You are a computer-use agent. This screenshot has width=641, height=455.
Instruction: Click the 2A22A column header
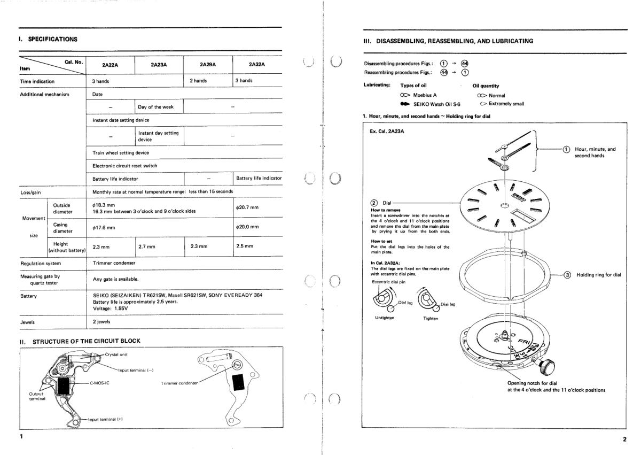click(x=110, y=64)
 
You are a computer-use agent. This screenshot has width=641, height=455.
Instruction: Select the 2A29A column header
click(x=207, y=64)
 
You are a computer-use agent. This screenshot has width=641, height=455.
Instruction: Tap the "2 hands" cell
click(x=200, y=81)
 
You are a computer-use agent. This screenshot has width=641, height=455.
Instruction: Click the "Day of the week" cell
click(x=155, y=107)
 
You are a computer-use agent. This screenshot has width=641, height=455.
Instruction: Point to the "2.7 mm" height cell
click(x=147, y=246)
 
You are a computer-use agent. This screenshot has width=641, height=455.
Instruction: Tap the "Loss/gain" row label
click(x=32, y=191)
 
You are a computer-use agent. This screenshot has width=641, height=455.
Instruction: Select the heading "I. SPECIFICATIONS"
click(x=49, y=38)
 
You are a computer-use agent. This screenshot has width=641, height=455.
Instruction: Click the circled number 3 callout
click(x=567, y=275)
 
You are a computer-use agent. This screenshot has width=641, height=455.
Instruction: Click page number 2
click(x=624, y=439)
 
